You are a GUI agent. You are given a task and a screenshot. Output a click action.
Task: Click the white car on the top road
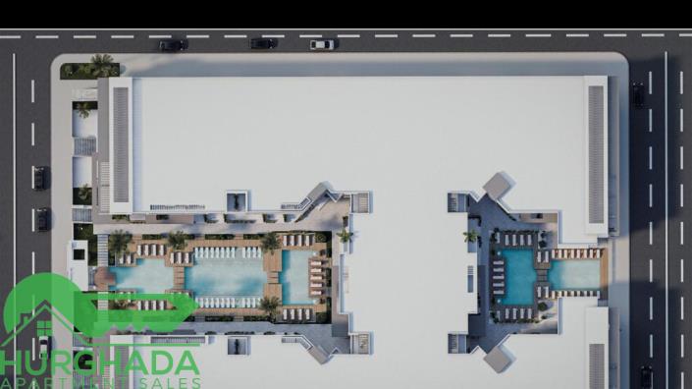tap(322, 44)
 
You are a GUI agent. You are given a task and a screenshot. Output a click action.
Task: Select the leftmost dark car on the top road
tap(174, 44)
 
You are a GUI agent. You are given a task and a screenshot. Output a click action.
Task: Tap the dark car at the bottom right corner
tap(647, 376)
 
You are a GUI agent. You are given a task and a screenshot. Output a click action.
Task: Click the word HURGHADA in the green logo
tap(100, 363)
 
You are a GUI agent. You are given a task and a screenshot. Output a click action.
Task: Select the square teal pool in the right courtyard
tap(517, 277)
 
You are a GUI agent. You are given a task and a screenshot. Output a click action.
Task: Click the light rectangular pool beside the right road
tap(574, 275)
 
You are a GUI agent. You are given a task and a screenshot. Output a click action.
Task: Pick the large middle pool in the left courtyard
tap(226, 276)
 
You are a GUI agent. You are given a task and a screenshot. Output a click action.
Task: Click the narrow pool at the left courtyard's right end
tap(297, 277)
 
